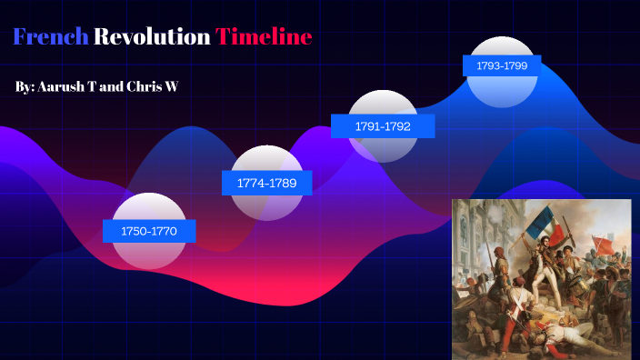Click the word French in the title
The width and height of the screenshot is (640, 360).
pyautogui.click(x=51, y=37)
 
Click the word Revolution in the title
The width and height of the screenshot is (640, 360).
pyautogui.click(x=152, y=37)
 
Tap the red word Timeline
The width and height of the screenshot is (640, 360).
pyautogui.click(x=264, y=37)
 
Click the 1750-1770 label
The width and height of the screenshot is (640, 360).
pyautogui.click(x=148, y=232)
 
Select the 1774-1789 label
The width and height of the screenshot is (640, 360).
pyautogui.click(x=266, y=183)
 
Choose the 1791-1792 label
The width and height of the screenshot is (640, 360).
pyautogui.click(x=382, y=126)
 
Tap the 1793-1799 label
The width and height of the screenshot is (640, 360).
pyautogui.click(x=502, y=65)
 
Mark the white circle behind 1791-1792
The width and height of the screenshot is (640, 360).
pyautogui.click(x=384, y=104)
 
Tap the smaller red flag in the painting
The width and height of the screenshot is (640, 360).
pyautogui.click(x=604, y=243)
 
